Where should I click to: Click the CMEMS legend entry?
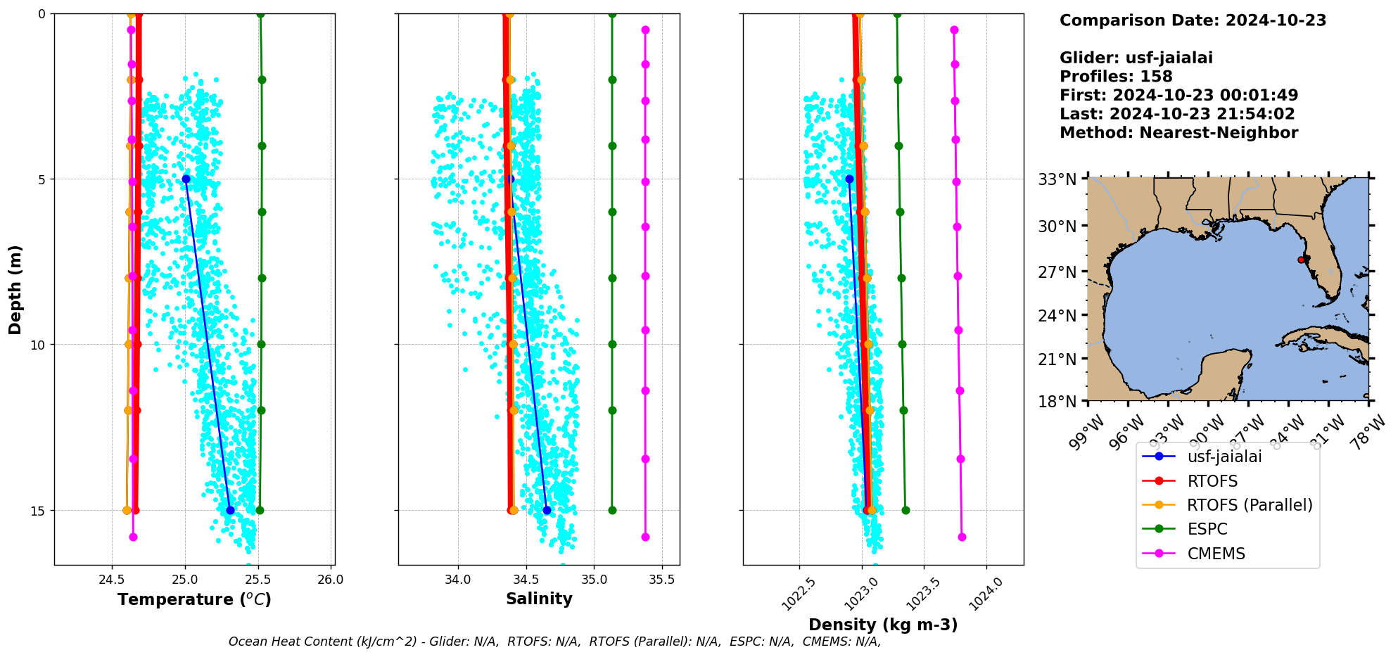(1216, 554)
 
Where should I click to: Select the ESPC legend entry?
(1207, 529)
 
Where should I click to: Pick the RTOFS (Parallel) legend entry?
(1250, 505)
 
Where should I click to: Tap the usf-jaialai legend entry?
(1224, 457)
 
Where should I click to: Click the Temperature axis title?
(194, 599)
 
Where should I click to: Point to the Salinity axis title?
(539, 599)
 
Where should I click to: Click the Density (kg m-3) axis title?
(883, 625)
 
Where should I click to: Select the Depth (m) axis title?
(15, 290)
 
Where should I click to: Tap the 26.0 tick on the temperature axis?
(331, 580)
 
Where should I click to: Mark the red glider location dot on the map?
(1301, 260)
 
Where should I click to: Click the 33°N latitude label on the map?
(1057, 179)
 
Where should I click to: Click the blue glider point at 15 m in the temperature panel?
(230, 510)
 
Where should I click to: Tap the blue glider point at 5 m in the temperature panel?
(186, 179)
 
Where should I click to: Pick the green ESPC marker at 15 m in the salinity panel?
(612, 510)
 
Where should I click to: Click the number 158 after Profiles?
(1156, 77)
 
